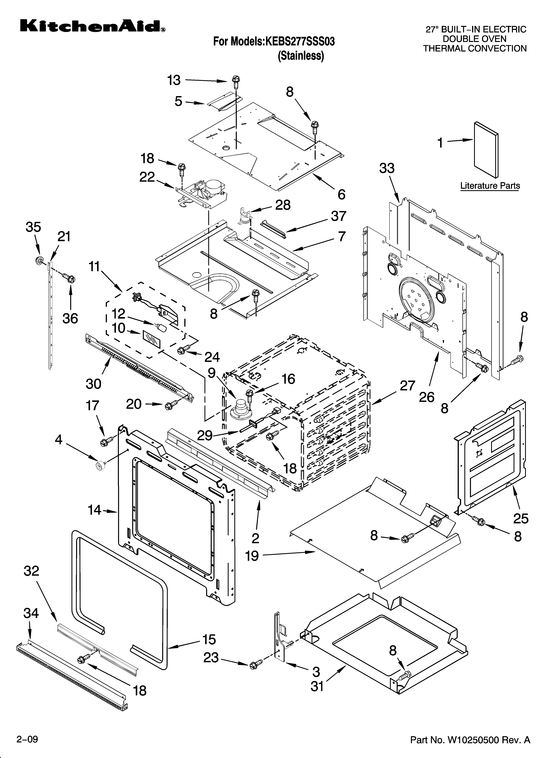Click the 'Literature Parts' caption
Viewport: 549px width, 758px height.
click(490, 185)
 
